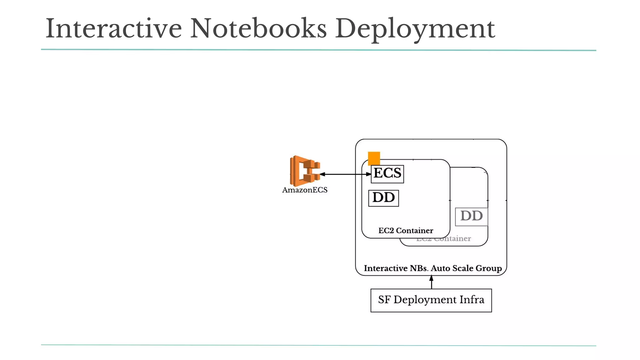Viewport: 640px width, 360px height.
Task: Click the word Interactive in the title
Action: (x=113, y=29)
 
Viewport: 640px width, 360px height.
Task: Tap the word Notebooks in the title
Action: (x=258, y=29)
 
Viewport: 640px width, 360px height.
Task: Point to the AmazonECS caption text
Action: (x=305, y=190)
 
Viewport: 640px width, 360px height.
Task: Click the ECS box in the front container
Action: (x=387, y=174)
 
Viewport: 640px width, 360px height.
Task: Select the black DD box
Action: (x=383, y=198)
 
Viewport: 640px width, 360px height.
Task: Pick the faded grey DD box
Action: (x=471, y=216)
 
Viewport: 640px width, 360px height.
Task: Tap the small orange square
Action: (x=374, y=158)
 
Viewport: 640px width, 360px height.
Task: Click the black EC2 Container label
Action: (x=406, y=231)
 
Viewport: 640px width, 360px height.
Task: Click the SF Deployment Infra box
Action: (x=431, y=300)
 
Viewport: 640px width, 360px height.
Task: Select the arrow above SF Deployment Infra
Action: (x=431, y=282)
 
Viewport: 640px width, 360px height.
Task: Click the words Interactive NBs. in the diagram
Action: (x=396, y=268)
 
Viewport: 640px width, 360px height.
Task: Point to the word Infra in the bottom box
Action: (x=472, y=300)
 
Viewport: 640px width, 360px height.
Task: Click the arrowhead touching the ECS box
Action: (x=368, y=174)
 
